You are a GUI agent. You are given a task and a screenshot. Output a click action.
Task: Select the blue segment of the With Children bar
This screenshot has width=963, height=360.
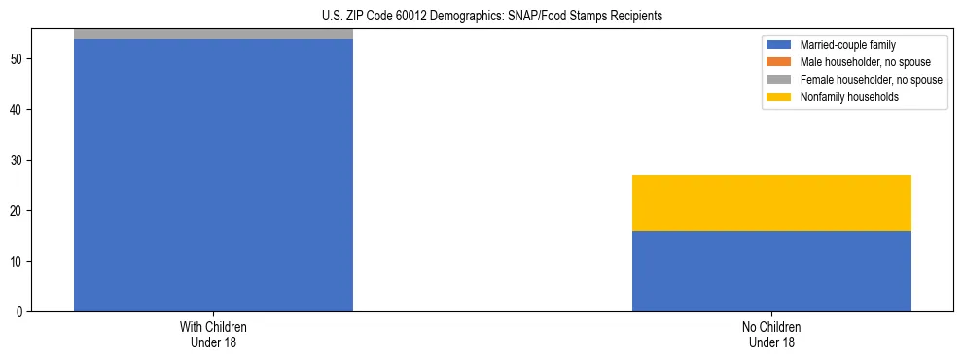click(x=213, y=175)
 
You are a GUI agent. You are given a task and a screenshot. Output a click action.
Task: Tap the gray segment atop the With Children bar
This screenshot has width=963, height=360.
click(x=213, y=34)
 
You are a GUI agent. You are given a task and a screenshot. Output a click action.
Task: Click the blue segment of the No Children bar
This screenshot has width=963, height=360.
click(x=771, y=270)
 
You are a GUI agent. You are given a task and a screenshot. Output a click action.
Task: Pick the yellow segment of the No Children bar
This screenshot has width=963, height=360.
click(x=771, y=202)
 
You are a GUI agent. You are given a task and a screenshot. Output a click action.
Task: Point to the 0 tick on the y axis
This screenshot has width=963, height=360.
click(x=20, y=312)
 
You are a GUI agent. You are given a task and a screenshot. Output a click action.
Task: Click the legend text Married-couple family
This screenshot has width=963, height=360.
click(x=847, y=45)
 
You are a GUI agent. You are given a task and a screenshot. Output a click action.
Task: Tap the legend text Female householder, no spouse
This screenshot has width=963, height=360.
click(x=871, y=80)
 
